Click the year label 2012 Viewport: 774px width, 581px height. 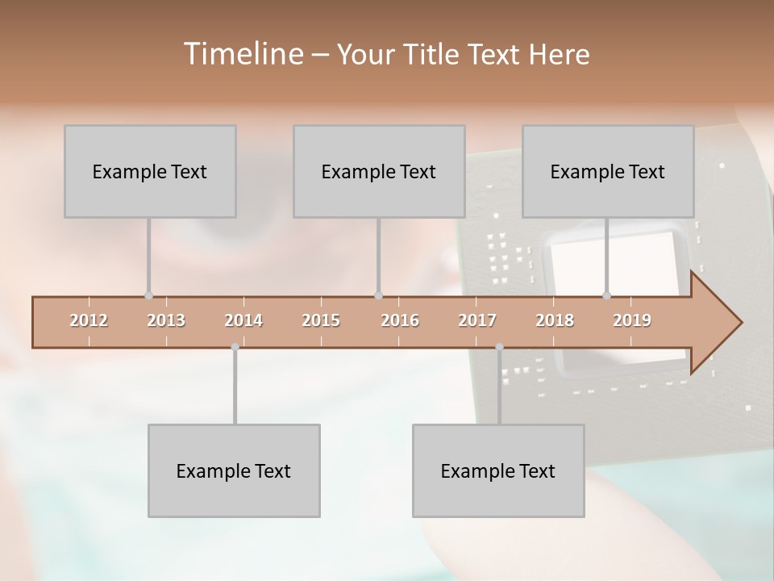[x=89, y=321]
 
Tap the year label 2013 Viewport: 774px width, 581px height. [x=166, y=321]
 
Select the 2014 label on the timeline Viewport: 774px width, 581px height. [x=243, y=321]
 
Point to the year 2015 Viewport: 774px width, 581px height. [x=321, y=321]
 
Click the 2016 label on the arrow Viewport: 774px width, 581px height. [x=400, y=321]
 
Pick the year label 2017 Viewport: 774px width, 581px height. [x=477, y=321]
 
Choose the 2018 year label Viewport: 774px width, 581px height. [x=555, y=321]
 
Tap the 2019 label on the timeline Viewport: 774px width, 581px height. [x=632, y=321]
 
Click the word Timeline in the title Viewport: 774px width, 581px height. [x=242, y=54]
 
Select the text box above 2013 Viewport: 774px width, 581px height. [x=150, y=171]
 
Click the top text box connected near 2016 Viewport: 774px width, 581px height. [x=379, y=171]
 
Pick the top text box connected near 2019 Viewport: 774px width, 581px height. [x=608, y=171]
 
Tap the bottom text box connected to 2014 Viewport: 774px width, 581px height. [x=234, y=470]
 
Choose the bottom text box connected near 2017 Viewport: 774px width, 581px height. [x=498, y=470]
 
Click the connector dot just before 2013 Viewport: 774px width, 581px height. [x=148, y=296]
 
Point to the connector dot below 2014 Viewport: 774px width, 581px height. [x=235, y=347]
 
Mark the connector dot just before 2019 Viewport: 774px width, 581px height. [x=606, y=296]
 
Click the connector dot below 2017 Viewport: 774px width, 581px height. [x=499, y=347]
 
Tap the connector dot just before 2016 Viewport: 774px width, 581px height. [x=378, y=296]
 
